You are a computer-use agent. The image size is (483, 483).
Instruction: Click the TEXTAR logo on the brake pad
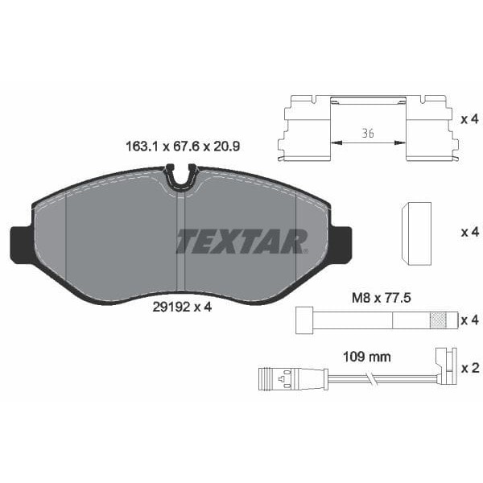coord(242,240)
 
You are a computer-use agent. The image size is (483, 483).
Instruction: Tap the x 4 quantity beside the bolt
coord(469,320)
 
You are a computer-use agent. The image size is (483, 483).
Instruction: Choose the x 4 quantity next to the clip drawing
coord(469,119)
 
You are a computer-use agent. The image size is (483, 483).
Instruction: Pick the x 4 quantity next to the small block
coord(469,232)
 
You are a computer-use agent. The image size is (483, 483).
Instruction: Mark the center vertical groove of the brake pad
coord(181,242)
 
